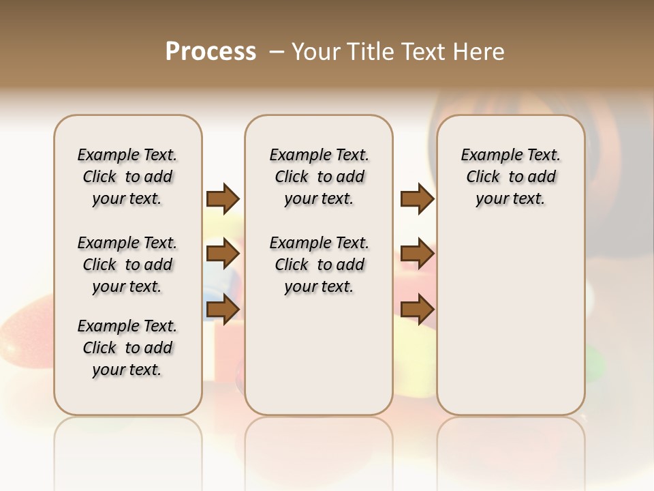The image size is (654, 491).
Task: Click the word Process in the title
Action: (x=211, y=52)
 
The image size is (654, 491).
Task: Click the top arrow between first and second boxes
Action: (x=223, y=199)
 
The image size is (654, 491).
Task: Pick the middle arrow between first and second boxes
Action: (x=223, y=254)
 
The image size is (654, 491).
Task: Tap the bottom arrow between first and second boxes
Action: (x=223, y=309)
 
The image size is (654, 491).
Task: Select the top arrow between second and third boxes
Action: (x=417, y=199)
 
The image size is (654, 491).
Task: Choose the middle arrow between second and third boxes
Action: (x=417, y=254)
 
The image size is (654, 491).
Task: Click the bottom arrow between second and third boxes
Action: (x=417, y=309)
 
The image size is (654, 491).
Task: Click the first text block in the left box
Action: (x=127, y=177)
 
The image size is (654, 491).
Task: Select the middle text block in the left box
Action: (x=127, y=265)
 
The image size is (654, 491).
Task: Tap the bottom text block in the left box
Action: (x=127, y=348)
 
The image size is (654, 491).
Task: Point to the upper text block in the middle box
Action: (x=319, y=177)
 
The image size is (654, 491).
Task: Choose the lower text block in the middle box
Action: (x=319, y=265)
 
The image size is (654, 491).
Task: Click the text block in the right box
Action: (x=510, y=177)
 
